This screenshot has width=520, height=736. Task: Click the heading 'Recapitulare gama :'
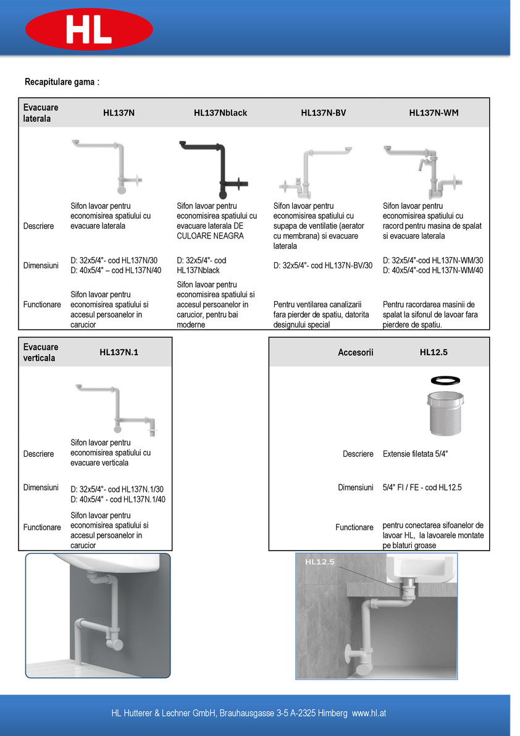(62, 82)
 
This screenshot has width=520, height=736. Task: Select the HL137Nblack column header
(220, 113)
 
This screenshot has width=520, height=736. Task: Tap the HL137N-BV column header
(323, 113)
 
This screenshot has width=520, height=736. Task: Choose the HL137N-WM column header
(434, 113)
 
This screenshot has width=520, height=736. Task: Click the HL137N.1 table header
(119, 352)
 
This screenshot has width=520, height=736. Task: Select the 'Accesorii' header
(356, 352)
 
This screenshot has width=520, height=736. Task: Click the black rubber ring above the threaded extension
(445, 379)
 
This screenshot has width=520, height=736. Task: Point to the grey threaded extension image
(445, 413)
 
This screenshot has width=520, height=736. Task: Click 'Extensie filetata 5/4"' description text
(415, 454)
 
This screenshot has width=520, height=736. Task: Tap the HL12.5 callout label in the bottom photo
(319, 562)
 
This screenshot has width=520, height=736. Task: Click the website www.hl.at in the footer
(369, 713)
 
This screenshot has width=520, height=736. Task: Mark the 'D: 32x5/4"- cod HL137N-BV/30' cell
(323, 266)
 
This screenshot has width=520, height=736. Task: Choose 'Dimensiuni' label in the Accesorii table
(356, 488)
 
